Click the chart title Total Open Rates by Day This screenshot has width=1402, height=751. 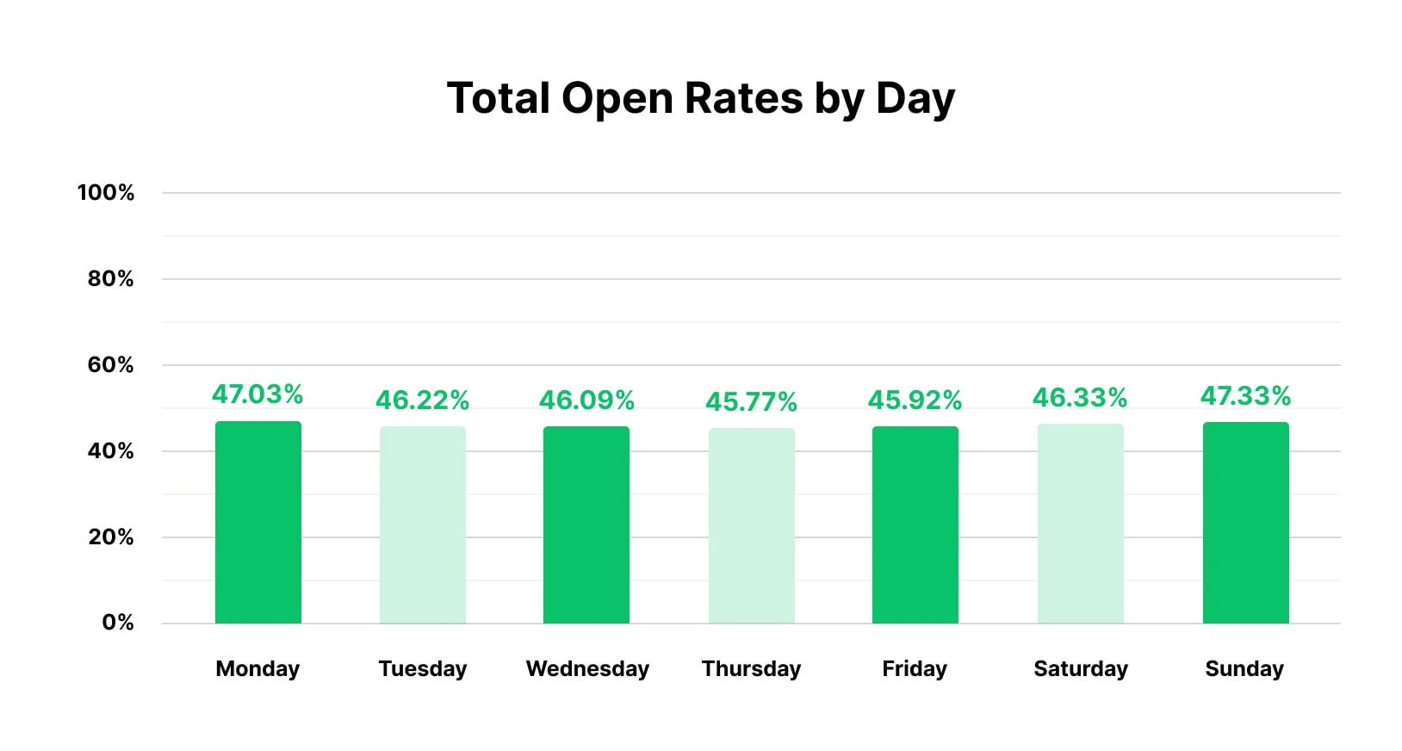coord(700,98)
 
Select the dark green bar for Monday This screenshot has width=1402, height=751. coord(257,522)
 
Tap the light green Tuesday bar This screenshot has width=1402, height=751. coord(422,524)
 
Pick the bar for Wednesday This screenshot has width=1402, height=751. coord(586,524)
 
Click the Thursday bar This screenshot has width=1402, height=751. coord(751,525)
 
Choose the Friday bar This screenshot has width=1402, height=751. coord(915,524)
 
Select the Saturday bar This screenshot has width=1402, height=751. coord(1080,524)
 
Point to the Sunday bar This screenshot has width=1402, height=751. coord(1245,523)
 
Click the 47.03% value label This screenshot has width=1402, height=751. coord(257,394)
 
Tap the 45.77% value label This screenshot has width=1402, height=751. coord(751,401)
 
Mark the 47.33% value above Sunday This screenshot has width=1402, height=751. coord(1245,395)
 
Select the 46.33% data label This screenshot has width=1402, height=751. coord(1080,397)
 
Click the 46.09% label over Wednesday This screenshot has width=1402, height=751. coord(586,400)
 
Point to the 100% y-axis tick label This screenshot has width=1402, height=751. coord(105,193)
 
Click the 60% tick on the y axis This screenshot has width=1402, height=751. coord(110,365)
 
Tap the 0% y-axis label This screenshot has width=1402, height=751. coord(117,623)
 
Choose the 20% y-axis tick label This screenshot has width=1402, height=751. coord(110,537)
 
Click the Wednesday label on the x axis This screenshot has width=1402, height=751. coord(587,668)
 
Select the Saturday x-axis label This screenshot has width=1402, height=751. coord(1080,668)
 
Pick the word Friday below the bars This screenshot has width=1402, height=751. coord(914,668)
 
